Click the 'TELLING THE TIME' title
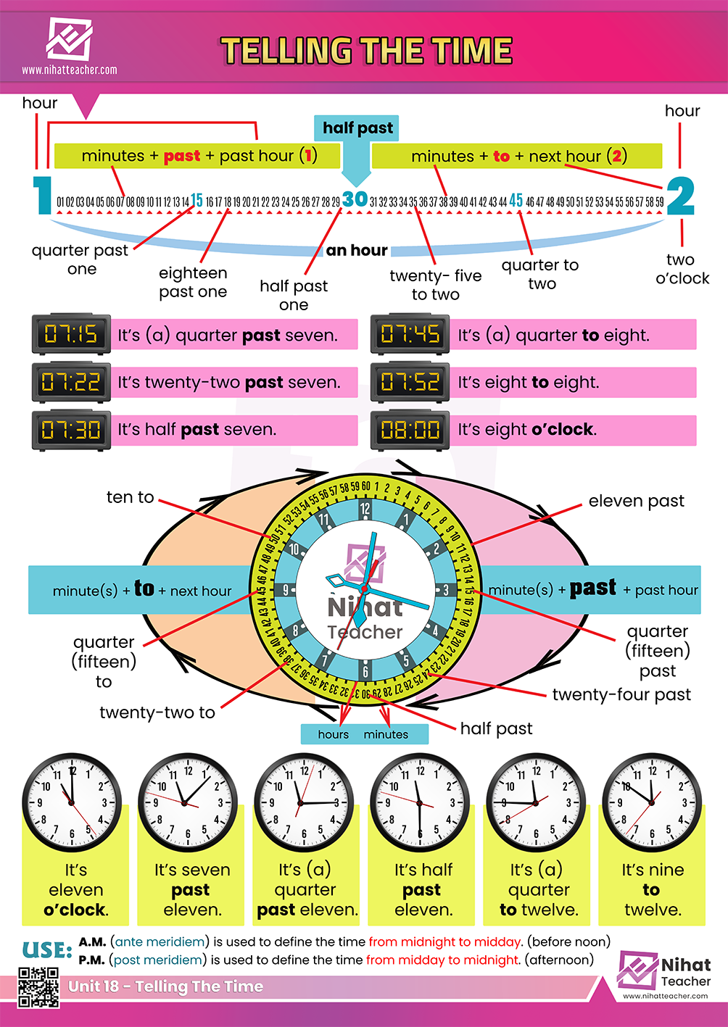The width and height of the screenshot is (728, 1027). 366,51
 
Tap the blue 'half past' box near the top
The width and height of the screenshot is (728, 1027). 357,128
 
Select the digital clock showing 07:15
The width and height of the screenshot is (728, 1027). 71,334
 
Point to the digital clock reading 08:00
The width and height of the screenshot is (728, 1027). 410,430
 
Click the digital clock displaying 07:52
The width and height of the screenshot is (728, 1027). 410,382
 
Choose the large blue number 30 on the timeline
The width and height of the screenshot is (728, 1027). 355,199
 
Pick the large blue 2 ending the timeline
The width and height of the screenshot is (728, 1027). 680,196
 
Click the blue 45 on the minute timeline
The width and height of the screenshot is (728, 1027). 516,200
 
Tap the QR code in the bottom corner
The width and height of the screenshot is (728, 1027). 38,986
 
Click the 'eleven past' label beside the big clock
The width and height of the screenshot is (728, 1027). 636,501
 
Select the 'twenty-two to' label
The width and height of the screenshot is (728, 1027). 157,712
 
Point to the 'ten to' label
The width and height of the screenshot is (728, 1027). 130,497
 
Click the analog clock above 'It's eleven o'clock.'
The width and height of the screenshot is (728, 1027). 71,802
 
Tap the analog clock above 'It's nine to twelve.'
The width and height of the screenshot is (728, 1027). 652,802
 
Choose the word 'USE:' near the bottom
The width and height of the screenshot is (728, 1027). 47,950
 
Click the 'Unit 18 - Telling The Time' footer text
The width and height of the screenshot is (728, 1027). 165,986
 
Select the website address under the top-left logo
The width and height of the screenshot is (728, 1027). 69,70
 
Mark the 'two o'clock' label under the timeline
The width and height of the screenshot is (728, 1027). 682,269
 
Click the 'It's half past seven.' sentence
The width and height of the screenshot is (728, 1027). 197,430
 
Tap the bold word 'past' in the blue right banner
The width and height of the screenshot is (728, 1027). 593,588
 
